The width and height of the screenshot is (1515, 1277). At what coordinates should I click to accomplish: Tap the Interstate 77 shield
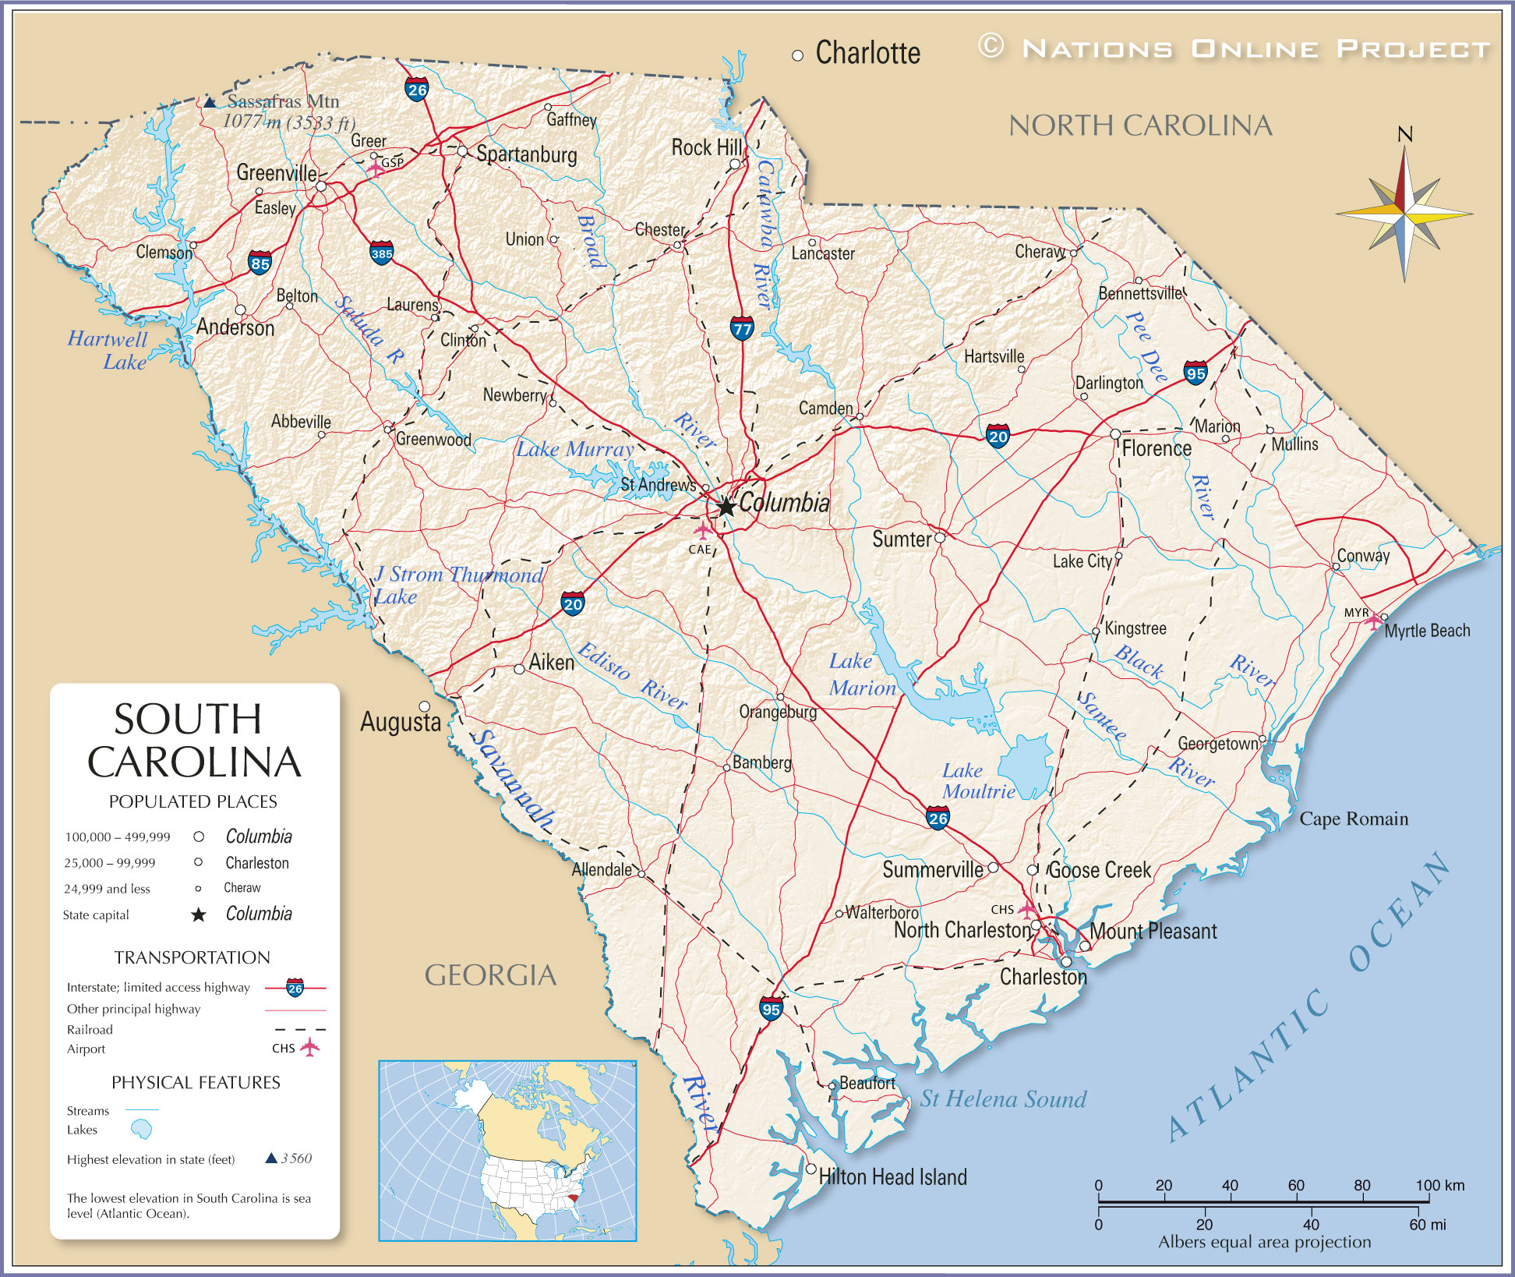pos(742,327)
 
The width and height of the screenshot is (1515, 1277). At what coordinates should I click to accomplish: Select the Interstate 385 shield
pos(381,253)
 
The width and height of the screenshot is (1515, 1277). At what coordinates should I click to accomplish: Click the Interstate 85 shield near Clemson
pos(260,263)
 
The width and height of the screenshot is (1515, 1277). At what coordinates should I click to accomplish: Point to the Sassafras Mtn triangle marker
pos(210,101)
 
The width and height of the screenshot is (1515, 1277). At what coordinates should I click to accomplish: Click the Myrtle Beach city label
pos(1427,631)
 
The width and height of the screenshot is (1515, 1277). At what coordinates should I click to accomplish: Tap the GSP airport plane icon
pos(376,168)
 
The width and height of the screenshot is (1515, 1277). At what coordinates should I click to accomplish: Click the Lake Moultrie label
pos(978,781)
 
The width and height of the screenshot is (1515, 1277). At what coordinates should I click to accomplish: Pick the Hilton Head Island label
pos(892,1176)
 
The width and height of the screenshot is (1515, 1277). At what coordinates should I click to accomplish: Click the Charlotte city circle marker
pos(797,55)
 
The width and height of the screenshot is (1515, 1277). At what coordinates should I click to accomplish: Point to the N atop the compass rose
pos(1404,135)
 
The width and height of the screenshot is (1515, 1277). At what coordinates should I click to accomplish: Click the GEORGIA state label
pos(490,975)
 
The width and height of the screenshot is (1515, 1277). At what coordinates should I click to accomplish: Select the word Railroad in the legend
pos(90,1030)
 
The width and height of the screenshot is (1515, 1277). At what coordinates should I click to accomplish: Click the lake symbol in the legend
pos(141,1129)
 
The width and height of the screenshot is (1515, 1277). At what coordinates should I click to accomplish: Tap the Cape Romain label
pos(1354,819)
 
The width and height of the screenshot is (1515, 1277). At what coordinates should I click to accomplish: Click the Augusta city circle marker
pos(425,706)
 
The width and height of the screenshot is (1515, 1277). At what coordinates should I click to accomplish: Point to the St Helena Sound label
pos(1003,1099)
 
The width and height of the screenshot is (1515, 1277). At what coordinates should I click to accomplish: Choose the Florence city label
pos(1157,448)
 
